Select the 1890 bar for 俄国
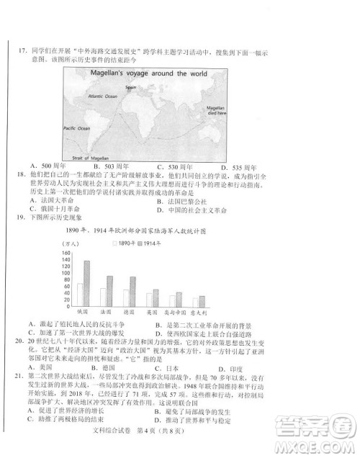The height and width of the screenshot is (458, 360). pyautogui.click(x=80, y=295)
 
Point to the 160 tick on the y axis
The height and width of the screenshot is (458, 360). pyautogui.click(x=66, y=253)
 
